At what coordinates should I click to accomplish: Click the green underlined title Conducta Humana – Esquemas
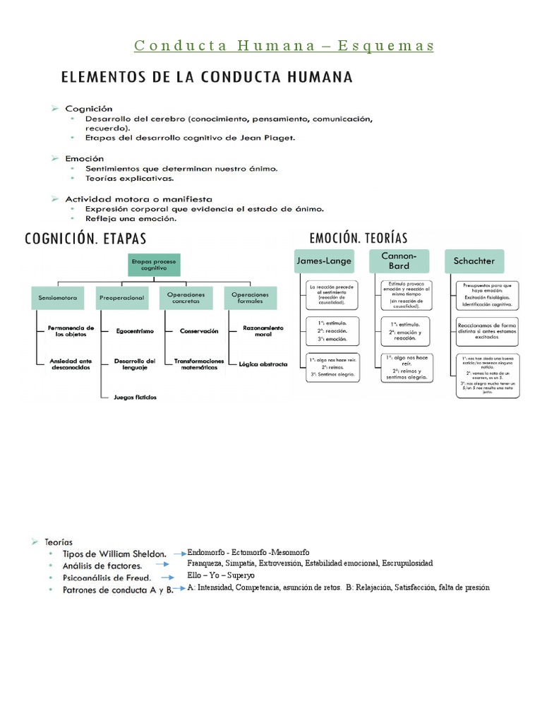[x=284, y=46]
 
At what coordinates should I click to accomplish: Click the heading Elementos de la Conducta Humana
[x=207, y=76]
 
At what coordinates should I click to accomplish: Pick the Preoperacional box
[x=121, y=298]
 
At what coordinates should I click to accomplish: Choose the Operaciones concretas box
[x=186, y=298]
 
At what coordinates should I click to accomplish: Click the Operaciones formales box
[x=250, y=298]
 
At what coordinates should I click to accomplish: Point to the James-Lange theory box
[x=324, y=261]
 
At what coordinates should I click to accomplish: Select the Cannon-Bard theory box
[x=399, y=261]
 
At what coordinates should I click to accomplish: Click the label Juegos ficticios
[x=135, y=397]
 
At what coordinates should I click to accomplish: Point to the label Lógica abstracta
[x=263, y=364]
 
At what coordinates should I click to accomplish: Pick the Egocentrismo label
[x=134, y=330]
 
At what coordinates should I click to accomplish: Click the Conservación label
[x=199, y=330]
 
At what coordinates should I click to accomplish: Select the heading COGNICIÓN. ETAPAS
[x=91, y=238]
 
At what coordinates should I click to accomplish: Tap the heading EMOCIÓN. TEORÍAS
[x=359, y=238]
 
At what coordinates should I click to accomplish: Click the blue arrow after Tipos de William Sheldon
[x=176, y=554]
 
